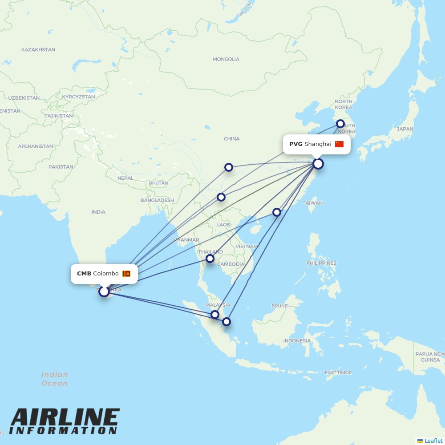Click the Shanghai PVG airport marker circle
coord(318,164)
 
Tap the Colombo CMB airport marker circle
coord(104,291)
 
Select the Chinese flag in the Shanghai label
coord(340,144)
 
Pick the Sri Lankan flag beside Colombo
coord(126,274)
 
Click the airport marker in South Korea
coord(340,124)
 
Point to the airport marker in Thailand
coord(210,259)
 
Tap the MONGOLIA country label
coord(226,59)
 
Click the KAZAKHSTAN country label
coord(38,50)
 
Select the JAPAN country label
coord(405,129)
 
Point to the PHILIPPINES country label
coord(321,263)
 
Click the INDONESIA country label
coord(297,341)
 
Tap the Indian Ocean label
coord(55,379)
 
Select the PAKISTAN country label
coord(61,167)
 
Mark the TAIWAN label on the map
coord(312,203)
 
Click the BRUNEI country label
coord(280,306)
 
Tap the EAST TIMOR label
coord(338,373)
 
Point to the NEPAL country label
coord(125,178)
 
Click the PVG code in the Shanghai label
coord(295,144)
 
